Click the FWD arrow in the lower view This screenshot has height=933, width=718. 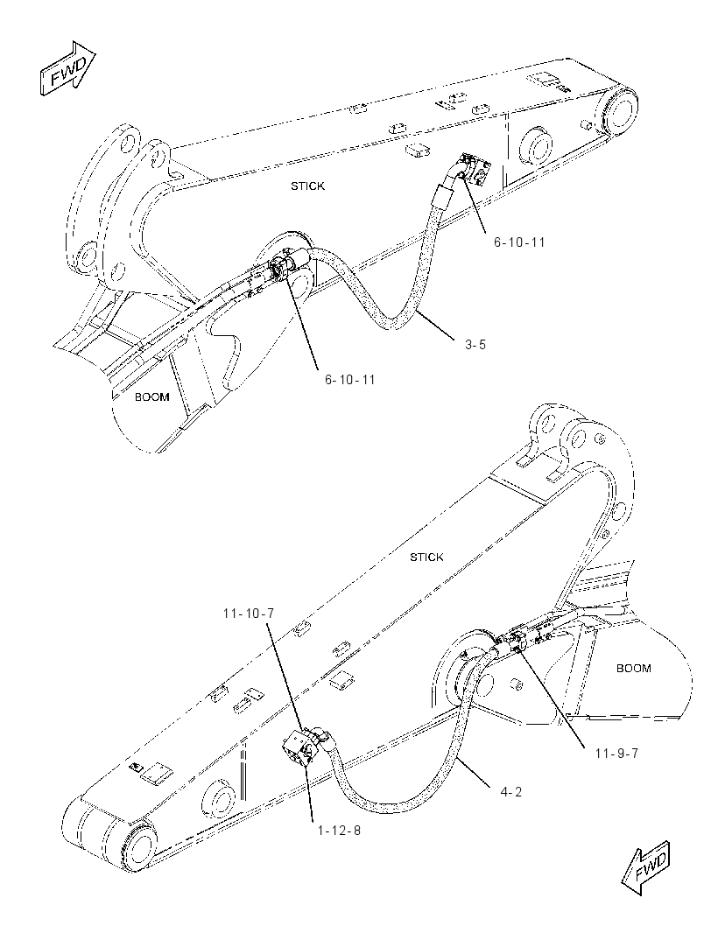click(x=644, y=868)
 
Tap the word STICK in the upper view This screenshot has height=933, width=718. click(x=308, y=186)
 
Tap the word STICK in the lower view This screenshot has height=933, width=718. click(x=427, y=557)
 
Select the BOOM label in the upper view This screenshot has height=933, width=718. click(x=151, y=396)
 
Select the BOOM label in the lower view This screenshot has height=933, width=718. click(x=633, y=668)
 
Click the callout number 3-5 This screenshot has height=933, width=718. click(x=475, y=344)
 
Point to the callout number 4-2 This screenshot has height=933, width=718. click(x=510, y=791)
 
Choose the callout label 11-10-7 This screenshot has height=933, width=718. click(x=249, y=613)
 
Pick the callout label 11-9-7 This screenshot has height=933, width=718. click(x=616, y=754)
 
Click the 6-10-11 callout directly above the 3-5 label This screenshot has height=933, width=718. click(x=519, y=242)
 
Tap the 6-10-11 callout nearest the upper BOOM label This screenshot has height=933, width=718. click(x=350, y=379)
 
